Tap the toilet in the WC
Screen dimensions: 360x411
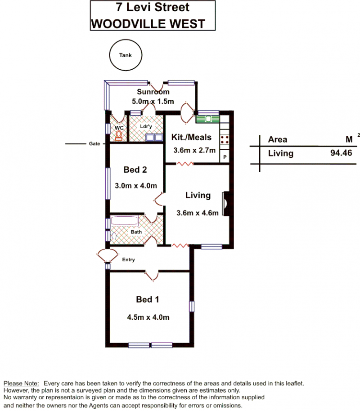[x=119, y=135]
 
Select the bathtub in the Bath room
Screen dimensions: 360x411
[x=124, y=221]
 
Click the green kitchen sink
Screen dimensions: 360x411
[x=208, y=119]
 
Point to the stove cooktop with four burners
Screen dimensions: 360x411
[x=225, y=139]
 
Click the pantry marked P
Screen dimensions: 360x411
[x=225, y=157]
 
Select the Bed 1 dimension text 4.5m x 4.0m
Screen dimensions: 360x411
[x=148, y=317]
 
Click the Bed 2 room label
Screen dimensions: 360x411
[x=135, y=170]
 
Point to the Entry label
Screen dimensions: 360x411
[x=128, y=259]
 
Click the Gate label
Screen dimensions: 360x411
[x=94, y=143]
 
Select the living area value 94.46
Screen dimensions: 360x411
[x=341, y=153]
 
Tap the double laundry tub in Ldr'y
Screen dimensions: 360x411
[x=154, y=137]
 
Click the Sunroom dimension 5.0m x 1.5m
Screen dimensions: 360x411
[x=153, y=102]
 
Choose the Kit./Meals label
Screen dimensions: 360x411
[x=191, y=137]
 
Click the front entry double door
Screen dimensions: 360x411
[x=107, y=255]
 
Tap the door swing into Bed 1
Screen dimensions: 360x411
[x=152, y=276]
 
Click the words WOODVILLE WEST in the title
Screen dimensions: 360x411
[x=148, y=24]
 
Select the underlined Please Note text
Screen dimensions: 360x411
[x=21, y=384]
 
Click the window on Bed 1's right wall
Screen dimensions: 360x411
[x=192, y=306]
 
